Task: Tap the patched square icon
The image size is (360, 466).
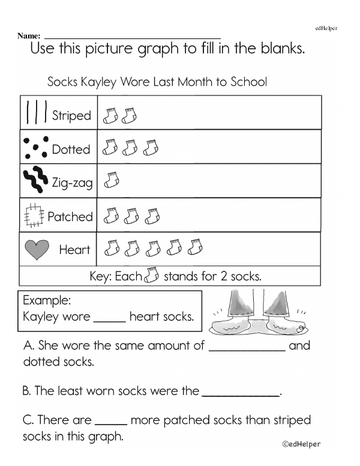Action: click(x=34, y=216)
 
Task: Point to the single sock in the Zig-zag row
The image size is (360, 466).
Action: click(x=112, y=180)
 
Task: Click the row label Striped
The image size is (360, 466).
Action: click(x=71, y=115)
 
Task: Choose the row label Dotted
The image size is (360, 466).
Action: click(x=71, y=150)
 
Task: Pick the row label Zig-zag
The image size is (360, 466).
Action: click(x=73, y=183)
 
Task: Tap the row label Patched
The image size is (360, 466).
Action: click(x=70, y=217)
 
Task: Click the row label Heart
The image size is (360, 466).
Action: click(x=74, y=250)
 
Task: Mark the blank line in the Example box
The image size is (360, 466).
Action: click(x=110, y=321)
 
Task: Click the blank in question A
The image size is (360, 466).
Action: click(x=247, y=349)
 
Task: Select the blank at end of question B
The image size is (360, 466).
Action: click(x=241, y=395)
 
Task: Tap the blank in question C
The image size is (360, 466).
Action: click(x=111, y=424)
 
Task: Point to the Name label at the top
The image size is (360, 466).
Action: click(x=29, y=36)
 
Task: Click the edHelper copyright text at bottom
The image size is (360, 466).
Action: click(x=301, y=444)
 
